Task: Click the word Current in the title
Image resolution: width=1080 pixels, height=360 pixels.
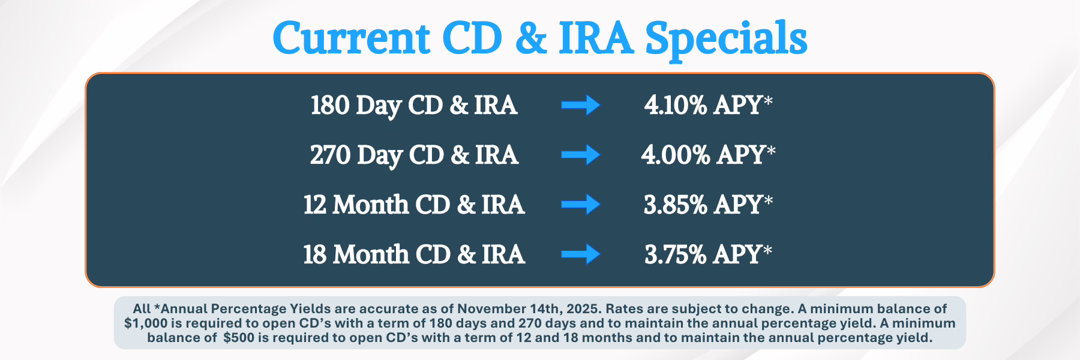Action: [x=352, y=38]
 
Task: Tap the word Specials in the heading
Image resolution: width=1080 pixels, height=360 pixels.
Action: [x=726, y=40]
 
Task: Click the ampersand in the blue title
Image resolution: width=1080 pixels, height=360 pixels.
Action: [x=531, y=38]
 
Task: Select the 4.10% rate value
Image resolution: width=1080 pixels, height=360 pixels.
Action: [x=676, y=106]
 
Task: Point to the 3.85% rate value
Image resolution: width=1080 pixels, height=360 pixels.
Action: [x=676, y=205]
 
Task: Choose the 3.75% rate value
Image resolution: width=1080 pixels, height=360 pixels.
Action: [x=676, y=255]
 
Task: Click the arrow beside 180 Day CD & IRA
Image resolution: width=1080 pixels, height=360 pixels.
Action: [x=581, y=105]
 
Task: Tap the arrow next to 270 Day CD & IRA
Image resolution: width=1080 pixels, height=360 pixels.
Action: [x=581, y=155]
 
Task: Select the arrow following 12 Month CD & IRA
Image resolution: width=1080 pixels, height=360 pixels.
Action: [x=581, y=205]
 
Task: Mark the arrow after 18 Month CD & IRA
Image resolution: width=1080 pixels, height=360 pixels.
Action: [x=581, y=254]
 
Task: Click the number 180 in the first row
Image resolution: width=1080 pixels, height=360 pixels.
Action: [x=330, y=106]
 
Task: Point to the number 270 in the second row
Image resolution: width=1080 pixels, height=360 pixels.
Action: [x=331, y=155]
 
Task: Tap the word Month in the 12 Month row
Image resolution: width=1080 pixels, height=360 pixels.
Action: [x=371, y=205]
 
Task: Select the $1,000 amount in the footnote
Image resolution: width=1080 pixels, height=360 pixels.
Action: [x=145, y=323]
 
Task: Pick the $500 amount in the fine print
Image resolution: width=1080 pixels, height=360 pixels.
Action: [x=239, y=338]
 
